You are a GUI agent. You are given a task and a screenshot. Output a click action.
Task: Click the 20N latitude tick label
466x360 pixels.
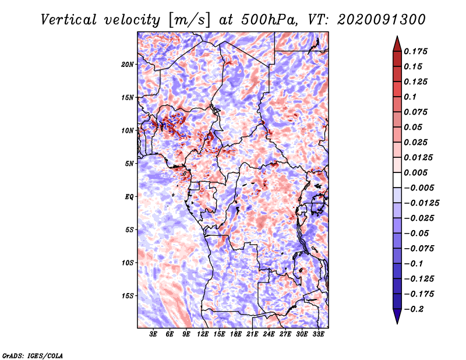click(128, 64)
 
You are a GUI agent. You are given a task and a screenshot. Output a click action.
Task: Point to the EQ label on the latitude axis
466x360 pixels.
click(129, 196)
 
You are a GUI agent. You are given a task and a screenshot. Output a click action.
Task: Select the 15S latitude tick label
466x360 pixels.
click(128, 295)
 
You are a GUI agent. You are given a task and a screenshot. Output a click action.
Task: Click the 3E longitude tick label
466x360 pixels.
click(154, 334)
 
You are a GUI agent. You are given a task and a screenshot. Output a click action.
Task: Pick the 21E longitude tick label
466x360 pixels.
click(252, 334)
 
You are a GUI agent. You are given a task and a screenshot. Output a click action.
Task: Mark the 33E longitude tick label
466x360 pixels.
click(318, 334)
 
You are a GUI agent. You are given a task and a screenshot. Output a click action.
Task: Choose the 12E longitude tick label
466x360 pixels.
click(203, 334)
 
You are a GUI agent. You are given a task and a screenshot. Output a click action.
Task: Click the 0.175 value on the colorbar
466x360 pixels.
click(417, 52)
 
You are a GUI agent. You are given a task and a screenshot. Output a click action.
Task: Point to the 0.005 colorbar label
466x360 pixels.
click(417, 173)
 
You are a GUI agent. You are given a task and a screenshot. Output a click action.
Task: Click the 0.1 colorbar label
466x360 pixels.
click(411, 97)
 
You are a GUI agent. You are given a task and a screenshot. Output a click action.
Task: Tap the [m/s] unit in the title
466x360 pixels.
click(187, 19)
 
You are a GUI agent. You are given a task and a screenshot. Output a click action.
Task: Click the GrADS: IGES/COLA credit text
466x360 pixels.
click(32, 355)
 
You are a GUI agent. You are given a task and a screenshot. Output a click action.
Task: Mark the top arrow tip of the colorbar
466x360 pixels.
click(396, 37)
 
